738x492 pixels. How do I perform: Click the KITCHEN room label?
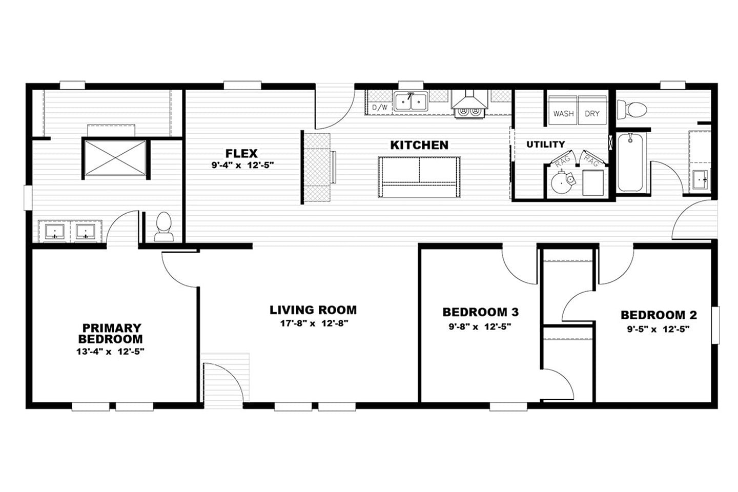pyautogui.click(x=419, y=145)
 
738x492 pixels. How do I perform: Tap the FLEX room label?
pyautogui.click(x=241, y=154)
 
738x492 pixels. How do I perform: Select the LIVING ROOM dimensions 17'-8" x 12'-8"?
pyautogui.click(x=314, y=323)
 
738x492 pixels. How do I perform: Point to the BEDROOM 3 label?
pyautogui.click(x=480, y=312)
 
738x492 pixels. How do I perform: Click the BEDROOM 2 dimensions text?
pyautogui.click(x=658, y=329)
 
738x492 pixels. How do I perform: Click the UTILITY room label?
pyautogui.click(x=546, y=145)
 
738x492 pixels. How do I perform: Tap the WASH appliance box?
pyautogui.click(x=563, y=111)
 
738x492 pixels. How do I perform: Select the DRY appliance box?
pyautogui.click(x=592, y=111)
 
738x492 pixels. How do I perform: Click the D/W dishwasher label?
pyautogui.click(x=380, y=108)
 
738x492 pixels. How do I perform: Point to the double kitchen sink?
pyautogui.click(x=411, y=101)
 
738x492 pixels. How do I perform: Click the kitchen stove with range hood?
pyautogui.click(x=469, y=104)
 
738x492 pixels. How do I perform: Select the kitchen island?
pyautogui.click(x=419, y=177)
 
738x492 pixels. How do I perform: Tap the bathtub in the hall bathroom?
pyautogui.click(x=630, y=162)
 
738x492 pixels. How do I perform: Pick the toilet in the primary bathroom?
pyautogui.click(x=164, y=227)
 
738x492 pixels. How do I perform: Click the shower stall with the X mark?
pyautogui.click(x=115, y=158)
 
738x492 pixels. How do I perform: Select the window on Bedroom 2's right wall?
pyautogui.click(x=715, y=325)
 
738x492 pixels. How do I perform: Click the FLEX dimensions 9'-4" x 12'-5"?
pyautogui.click(x=242, y=165)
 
